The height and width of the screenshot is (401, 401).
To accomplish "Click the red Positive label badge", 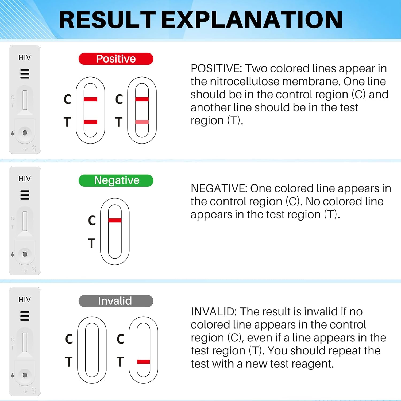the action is [x=116, y=59].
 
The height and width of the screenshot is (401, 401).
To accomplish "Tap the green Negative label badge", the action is [x=116, y=180].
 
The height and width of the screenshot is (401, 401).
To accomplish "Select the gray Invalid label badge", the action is [x=116, y=301].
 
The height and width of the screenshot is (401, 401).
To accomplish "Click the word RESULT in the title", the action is [x=107, y=20].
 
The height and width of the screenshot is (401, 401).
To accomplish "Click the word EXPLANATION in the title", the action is [x=252, y=20].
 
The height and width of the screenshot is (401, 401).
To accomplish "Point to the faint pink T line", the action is [x=142, y=122].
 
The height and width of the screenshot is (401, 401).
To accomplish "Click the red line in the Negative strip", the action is [x=115, y=220].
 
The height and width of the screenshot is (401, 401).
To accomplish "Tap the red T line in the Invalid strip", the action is [x=144, y=362].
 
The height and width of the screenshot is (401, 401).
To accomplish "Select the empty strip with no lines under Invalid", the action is [x=92, y=350].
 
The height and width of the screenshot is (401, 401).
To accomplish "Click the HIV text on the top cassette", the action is [x=25, y=57].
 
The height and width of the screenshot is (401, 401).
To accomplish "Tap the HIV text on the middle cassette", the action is [x=25, y=179].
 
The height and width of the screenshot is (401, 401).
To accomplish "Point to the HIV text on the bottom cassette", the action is [x=25, y=300].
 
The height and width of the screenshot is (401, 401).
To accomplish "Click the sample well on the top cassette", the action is [x=25, y=133].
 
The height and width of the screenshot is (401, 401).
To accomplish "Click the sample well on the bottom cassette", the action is [x=25, y=375].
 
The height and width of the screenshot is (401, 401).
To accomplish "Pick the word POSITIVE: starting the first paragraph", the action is [x=216, y=69].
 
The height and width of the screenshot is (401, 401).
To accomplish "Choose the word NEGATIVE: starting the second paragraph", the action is [x=219, y=189].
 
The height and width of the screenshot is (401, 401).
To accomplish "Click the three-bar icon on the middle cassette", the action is [x=25, y=195].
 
